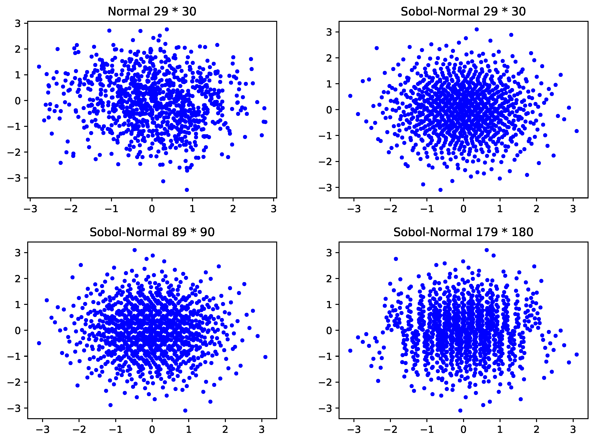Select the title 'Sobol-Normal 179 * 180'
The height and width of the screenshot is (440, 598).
click(x=463, y=232)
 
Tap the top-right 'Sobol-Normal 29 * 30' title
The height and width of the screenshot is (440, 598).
click(x=463, y=11)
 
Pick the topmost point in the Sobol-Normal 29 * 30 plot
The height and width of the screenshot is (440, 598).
click(x=477, y=29)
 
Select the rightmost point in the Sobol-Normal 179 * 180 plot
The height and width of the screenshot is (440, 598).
click(x=577, y=354)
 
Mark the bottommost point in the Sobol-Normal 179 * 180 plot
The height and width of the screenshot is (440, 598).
click(x=460, y=410)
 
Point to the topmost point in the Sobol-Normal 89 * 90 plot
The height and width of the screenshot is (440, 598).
click(x=135, y=250)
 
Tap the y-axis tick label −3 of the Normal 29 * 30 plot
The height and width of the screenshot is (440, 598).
click(x=14, y=178)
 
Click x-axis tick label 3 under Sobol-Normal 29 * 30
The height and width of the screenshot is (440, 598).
click(x=573, y=209)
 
